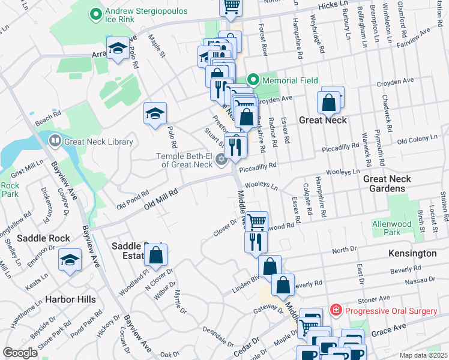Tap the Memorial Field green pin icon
point(253,80)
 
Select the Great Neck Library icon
point(55,142)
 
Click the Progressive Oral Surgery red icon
point(336,310)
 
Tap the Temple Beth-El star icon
point(221,159)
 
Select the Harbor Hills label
point(67,299)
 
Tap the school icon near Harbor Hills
point(70,260)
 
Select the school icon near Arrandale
point(118,47)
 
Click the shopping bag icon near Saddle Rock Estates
point(155,254)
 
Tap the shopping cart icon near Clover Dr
point(256,221)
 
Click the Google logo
point(20,353)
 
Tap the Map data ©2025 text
point(423,355)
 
